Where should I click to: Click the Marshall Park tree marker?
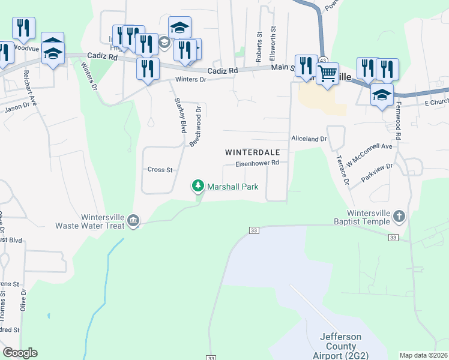[x=198, y=187]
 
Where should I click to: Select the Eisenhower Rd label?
[x=258, y=163]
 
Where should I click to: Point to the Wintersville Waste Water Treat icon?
[x=133, y=222]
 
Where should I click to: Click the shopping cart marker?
[x=327, y=75]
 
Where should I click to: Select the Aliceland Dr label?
[x=309, y=139]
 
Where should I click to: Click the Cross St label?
[x=160, y=170]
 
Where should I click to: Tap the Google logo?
[x=20, y=353]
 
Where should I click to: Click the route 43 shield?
[x=323, y=61]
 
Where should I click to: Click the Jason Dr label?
[x=17, y=107]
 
